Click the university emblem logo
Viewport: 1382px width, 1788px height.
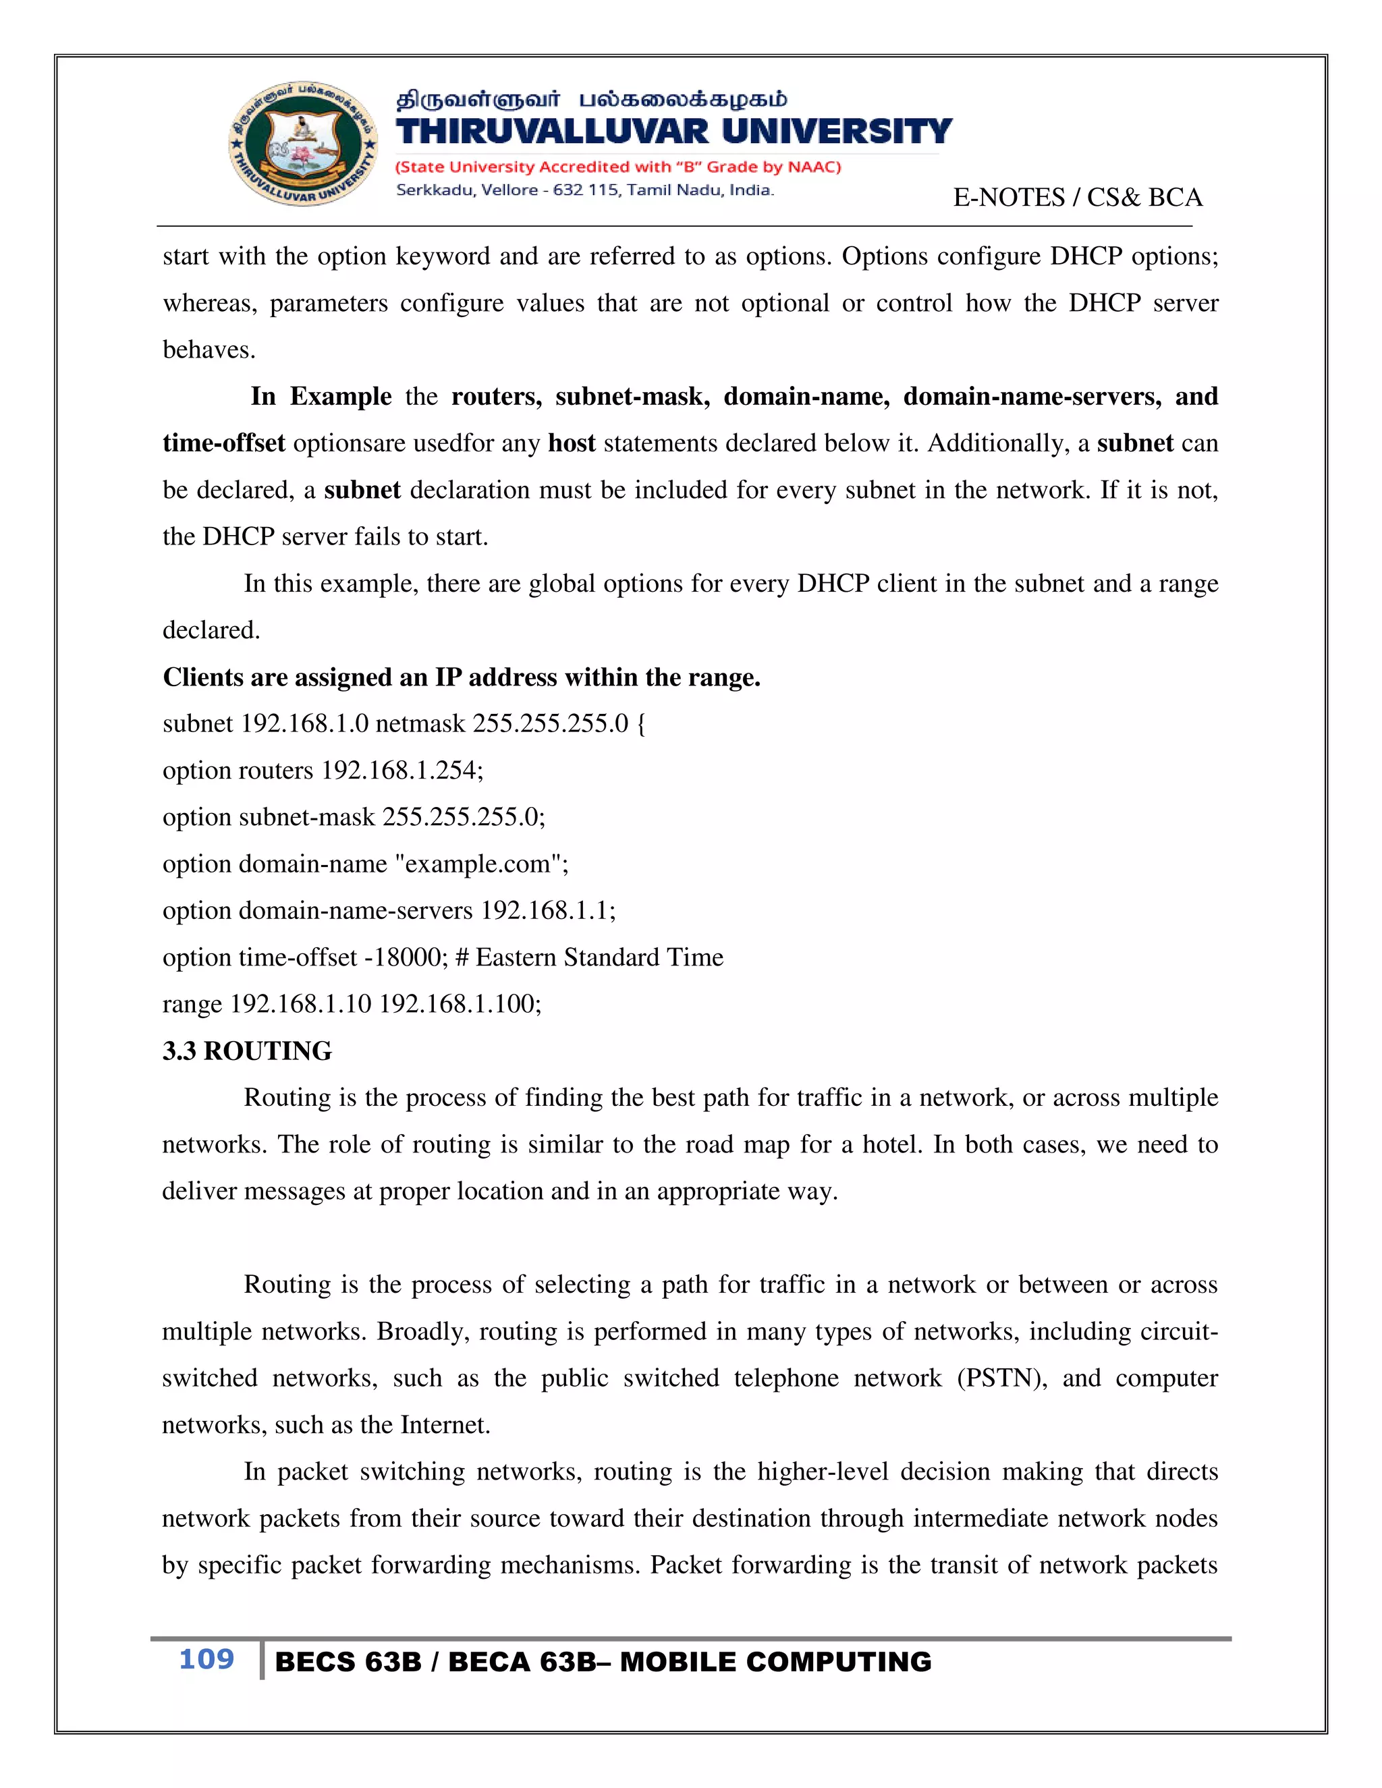click(304, 144)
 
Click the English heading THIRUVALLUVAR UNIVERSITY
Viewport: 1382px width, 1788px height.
click(673, 132)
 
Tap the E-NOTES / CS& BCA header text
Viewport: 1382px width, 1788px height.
click(1076, 197)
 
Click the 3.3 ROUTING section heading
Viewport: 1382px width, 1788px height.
click(247, 1051)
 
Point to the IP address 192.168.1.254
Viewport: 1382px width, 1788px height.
click(402, 771)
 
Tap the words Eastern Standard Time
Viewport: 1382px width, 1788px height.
click(599, 957)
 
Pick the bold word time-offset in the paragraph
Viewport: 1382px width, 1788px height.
click(223, 443)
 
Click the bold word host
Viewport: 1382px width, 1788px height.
click(572, 443)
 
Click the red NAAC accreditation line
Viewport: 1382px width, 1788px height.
click(618, 167)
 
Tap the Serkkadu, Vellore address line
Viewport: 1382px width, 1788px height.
click(584, 190)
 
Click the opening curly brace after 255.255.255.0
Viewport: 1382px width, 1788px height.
click(640, 724)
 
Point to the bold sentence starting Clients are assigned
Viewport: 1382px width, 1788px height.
click(461, 677)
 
